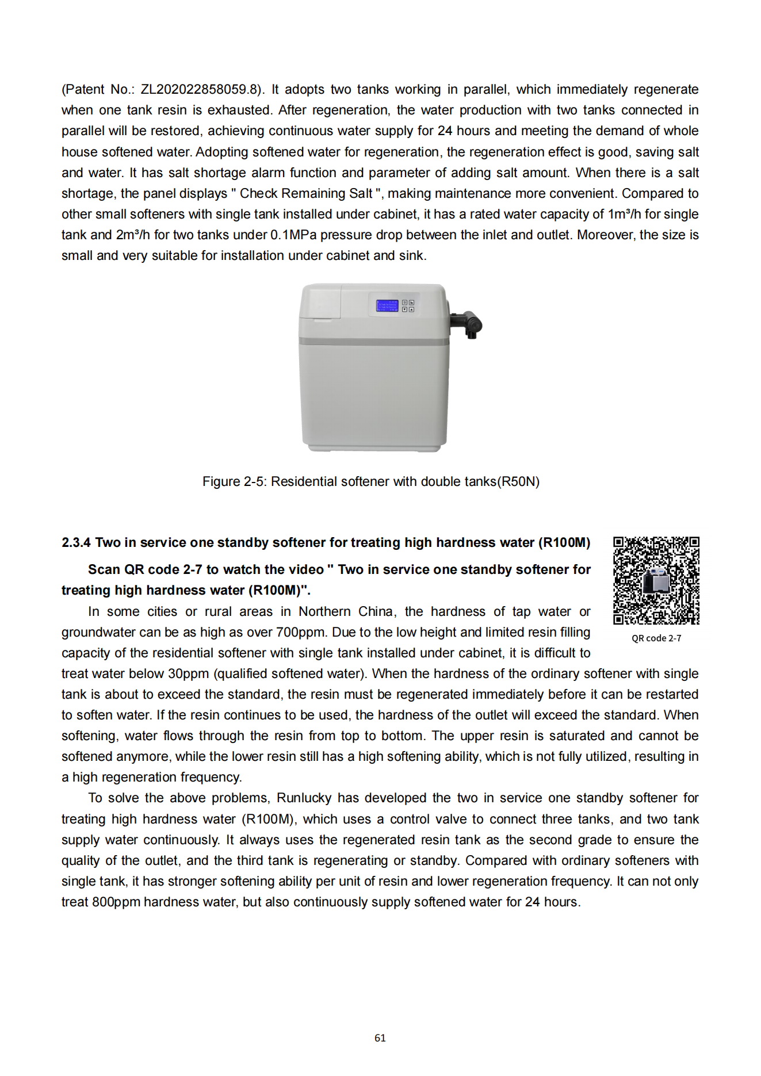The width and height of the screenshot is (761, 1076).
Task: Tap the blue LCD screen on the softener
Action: [387, 306]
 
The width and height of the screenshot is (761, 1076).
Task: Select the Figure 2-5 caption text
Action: [370, 482]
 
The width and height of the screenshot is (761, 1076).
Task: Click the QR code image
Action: [656, 580]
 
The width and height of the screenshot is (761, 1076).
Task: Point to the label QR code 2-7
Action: [656, 638]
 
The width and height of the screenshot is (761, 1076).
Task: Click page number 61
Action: [380, 1038]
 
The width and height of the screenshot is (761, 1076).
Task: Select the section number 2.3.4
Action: [76, 543]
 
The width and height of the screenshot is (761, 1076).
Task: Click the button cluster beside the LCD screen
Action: [408, 306]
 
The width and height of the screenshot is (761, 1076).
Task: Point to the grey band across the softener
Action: [373, 341]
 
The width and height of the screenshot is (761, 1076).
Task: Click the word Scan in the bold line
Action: [104, 570]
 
